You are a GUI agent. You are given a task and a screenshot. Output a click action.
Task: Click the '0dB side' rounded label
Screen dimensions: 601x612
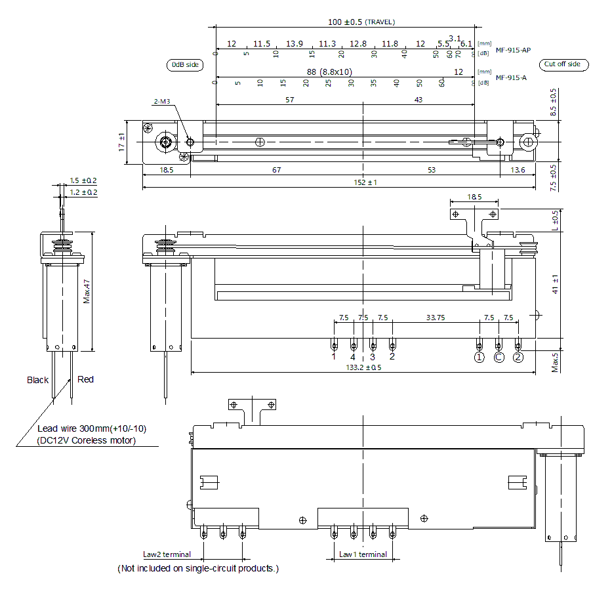(184, 65)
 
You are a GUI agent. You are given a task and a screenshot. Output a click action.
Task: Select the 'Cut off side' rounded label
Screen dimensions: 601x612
(563, 64)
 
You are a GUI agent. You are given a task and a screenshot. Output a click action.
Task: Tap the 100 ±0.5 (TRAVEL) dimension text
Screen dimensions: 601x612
(361, 22)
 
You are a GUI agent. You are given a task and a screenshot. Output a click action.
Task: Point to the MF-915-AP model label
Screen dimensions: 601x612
(513, 51)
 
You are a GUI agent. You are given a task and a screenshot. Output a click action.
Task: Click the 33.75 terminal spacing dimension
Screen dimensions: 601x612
(436, 318)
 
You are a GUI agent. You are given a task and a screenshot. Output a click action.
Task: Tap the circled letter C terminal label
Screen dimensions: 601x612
(499, 358)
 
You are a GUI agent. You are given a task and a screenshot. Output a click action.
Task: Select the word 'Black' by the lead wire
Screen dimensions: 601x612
(38, 380)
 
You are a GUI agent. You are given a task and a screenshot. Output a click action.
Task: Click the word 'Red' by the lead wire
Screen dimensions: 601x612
(85, 379)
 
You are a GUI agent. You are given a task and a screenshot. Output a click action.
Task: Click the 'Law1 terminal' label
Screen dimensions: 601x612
(363, 554)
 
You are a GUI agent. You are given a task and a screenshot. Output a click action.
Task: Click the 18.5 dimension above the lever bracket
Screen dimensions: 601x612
(474, 197)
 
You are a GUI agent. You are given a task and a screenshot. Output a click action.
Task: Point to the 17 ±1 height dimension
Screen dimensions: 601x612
(121, 142)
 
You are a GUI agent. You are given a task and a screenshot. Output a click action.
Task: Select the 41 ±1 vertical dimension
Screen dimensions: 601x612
(556, 283)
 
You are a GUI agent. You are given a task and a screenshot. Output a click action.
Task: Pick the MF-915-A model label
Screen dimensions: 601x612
(511, 77)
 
